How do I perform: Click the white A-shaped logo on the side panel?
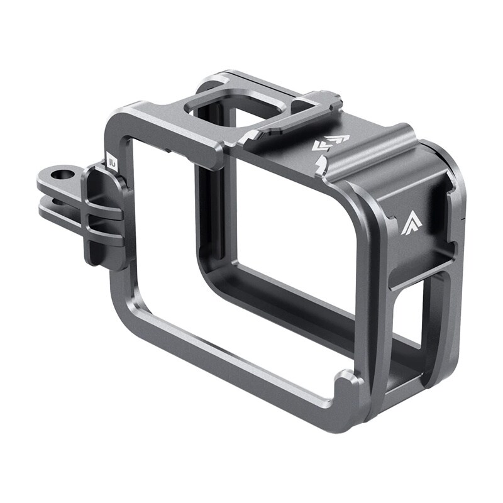[x=409, y=223]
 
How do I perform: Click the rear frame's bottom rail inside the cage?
[x=302, y=296]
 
